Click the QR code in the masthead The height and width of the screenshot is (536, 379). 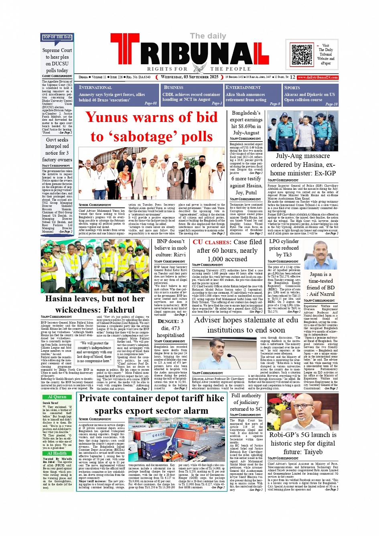(302, 55)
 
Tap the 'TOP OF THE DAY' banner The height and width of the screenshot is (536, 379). (57, 37)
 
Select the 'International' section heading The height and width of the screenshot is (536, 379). (95, 87)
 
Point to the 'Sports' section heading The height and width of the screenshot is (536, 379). (292, 87)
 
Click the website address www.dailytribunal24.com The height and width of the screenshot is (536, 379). (317, 77)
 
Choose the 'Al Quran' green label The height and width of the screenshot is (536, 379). (57, 397)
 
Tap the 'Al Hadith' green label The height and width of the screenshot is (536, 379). (57, 453)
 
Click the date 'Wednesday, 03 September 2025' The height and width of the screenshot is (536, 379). (189, 77)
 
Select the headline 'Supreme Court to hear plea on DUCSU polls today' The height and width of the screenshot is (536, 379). (57, 60)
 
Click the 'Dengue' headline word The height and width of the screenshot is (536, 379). (168, 321)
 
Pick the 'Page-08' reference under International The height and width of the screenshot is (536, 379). (150, 104)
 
